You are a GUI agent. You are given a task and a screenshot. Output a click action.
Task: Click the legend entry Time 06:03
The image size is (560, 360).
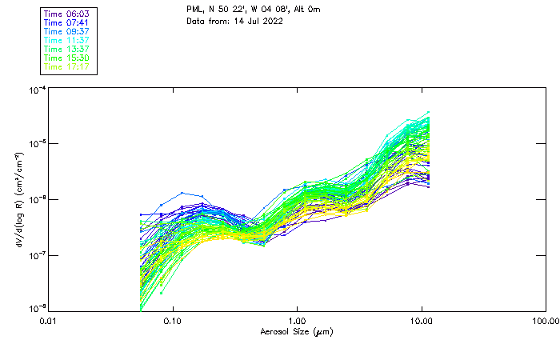[67, 13]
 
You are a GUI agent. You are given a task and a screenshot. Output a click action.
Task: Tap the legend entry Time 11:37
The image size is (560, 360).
[67, 40]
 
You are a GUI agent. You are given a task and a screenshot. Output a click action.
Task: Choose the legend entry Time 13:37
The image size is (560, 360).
[67, 49]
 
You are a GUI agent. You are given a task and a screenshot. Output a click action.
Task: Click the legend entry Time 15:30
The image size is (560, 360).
[67, 58]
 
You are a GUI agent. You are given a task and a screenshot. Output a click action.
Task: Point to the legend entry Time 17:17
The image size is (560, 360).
[67, 66]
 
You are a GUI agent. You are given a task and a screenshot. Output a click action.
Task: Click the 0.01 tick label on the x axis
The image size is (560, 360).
[49, 321]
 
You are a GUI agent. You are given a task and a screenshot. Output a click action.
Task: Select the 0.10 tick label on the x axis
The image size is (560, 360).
[173, 321]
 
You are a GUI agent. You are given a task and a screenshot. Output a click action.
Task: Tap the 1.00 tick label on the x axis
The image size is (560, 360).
[297, 321]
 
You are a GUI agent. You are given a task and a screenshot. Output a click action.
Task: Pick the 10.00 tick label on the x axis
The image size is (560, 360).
[421, 321]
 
